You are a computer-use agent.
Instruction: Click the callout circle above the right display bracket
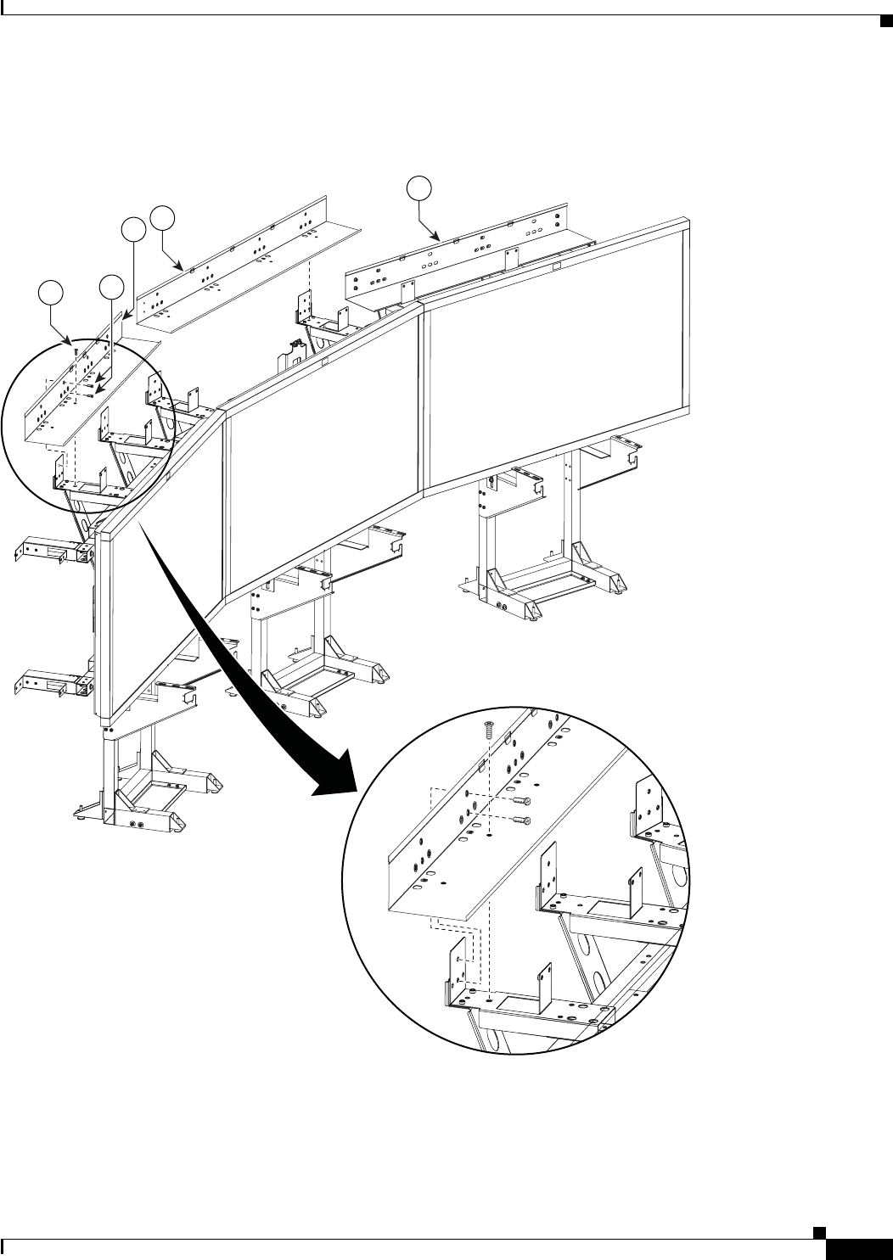pyautogui.click(x=418, y=188)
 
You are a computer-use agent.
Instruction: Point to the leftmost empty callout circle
pyautogui.click(x=51, y=294)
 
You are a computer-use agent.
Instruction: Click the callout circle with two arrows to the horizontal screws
pyautogui.click(x=112, y=288)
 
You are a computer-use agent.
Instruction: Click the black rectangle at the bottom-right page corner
pyautogui.click(x=856, y=1248)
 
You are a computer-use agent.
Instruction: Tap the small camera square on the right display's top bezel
pyautogui.click(x=556, y=268)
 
